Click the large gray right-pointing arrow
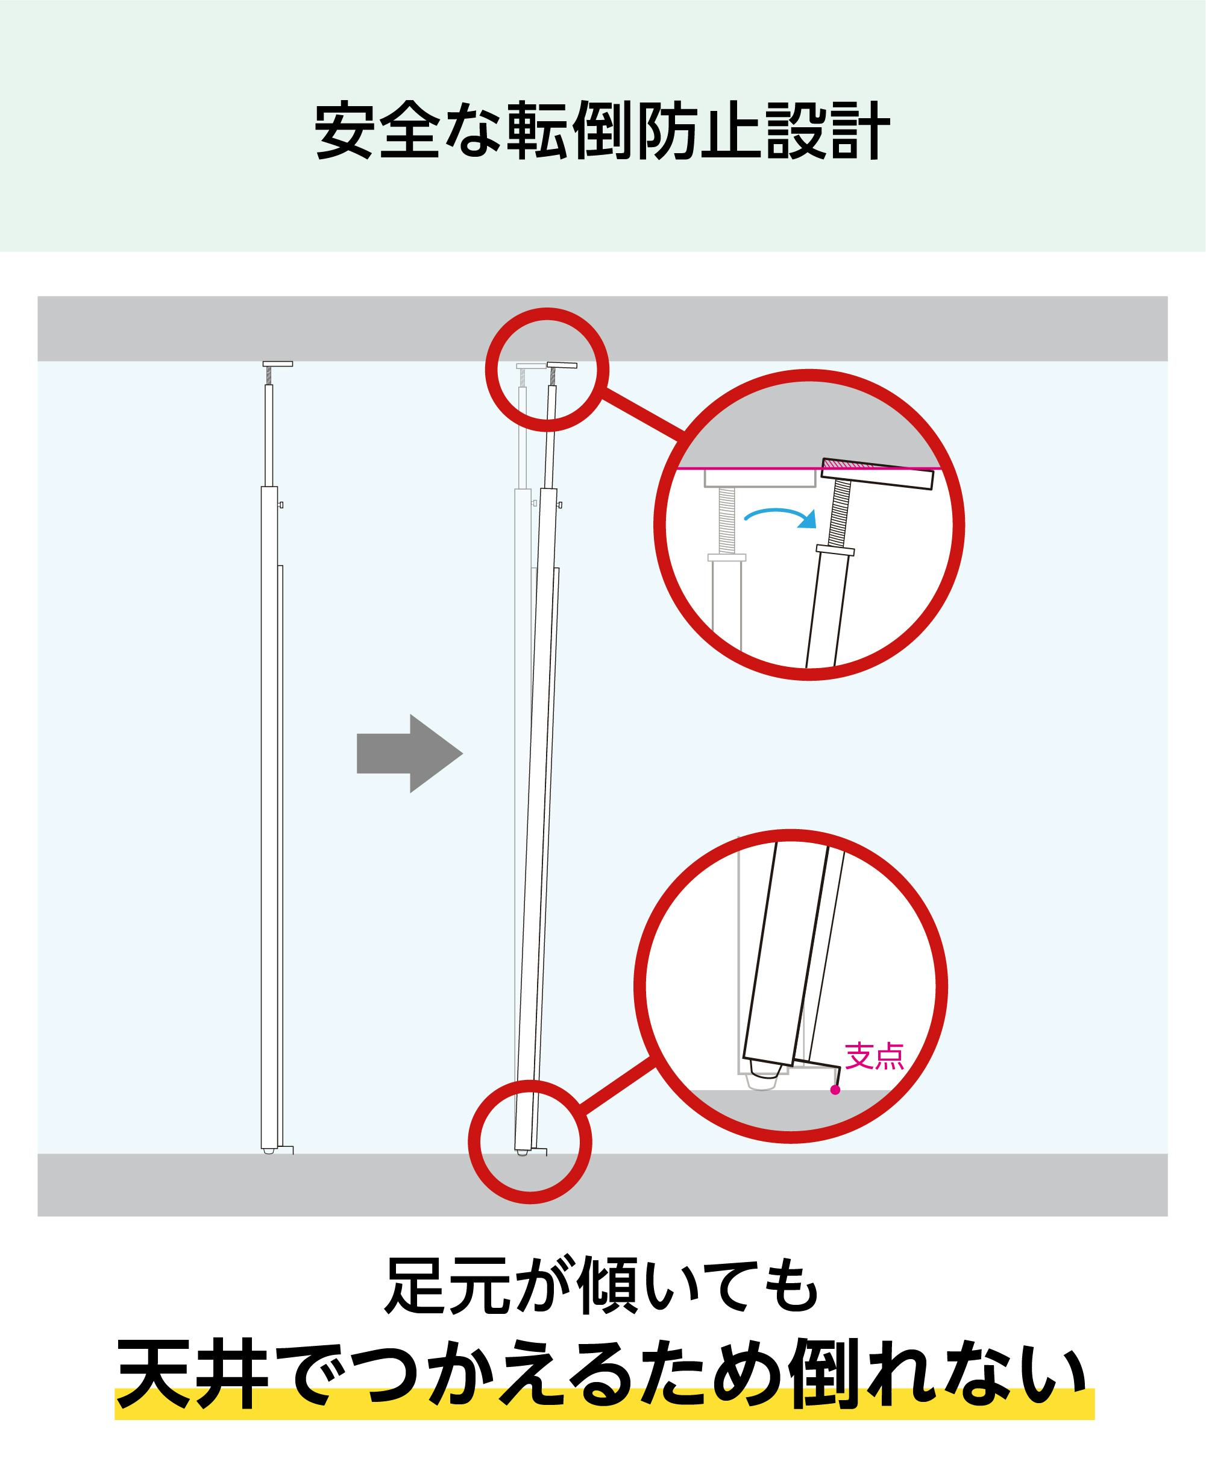click(409, 753)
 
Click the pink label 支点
click(875, 1056)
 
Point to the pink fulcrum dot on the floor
click(835, 1090)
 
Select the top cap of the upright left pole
click(278, 364)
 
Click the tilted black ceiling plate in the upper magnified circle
click(877, 474)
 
